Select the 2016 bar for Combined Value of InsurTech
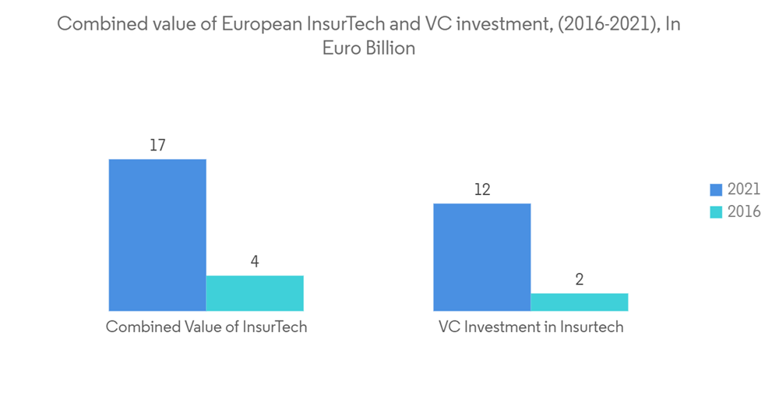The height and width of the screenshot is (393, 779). point(255,293)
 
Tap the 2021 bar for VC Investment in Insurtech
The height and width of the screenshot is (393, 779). point(481,257)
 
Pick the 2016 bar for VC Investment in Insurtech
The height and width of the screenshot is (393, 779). point(579,303)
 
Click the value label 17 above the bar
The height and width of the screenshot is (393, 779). point(157,146)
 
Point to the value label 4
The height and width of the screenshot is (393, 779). point(255,262)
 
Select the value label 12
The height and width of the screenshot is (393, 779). point(481,190)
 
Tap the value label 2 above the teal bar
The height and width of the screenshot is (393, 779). point(579,280)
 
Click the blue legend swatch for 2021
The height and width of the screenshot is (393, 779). point(716,189)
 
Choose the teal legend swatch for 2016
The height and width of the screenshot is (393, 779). point(716,212)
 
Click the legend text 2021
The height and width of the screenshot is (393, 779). point(744,189)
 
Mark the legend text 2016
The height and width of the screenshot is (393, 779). point(744,212)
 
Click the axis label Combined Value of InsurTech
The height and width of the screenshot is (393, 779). point(206,327)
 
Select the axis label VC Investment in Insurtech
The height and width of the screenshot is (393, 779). point(530,327)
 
